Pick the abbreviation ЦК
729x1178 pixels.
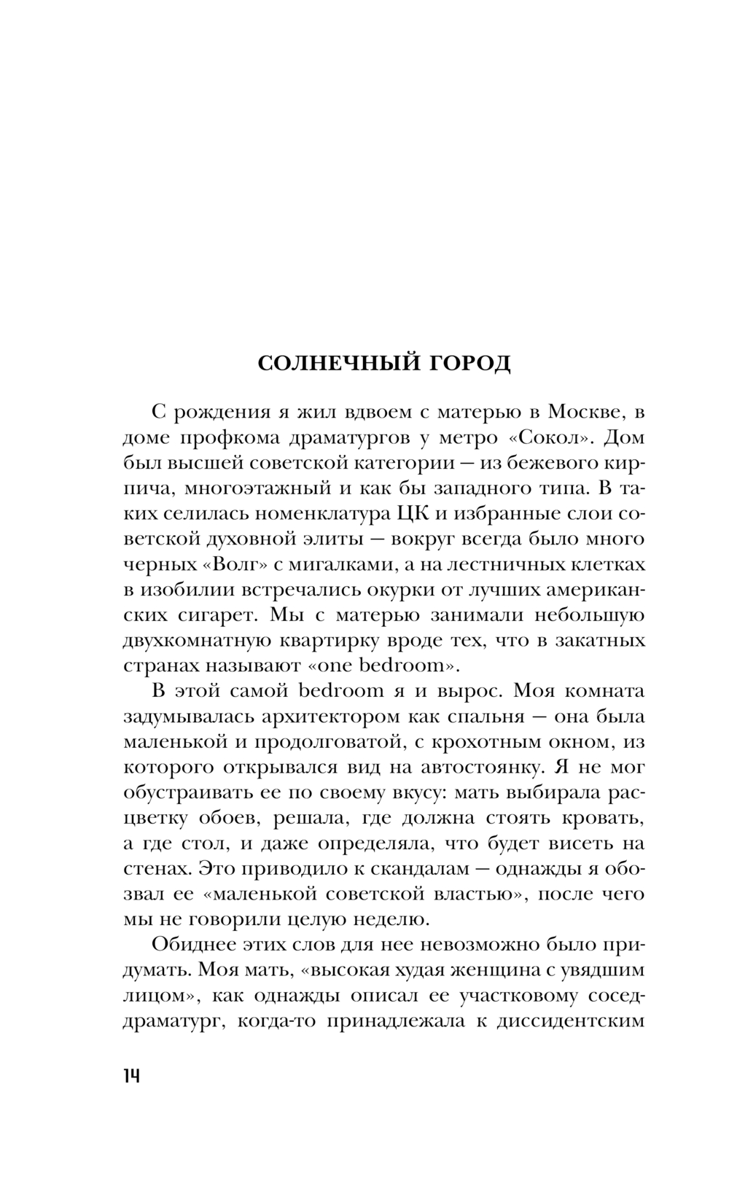pyautogui.click(x=414, y=514)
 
